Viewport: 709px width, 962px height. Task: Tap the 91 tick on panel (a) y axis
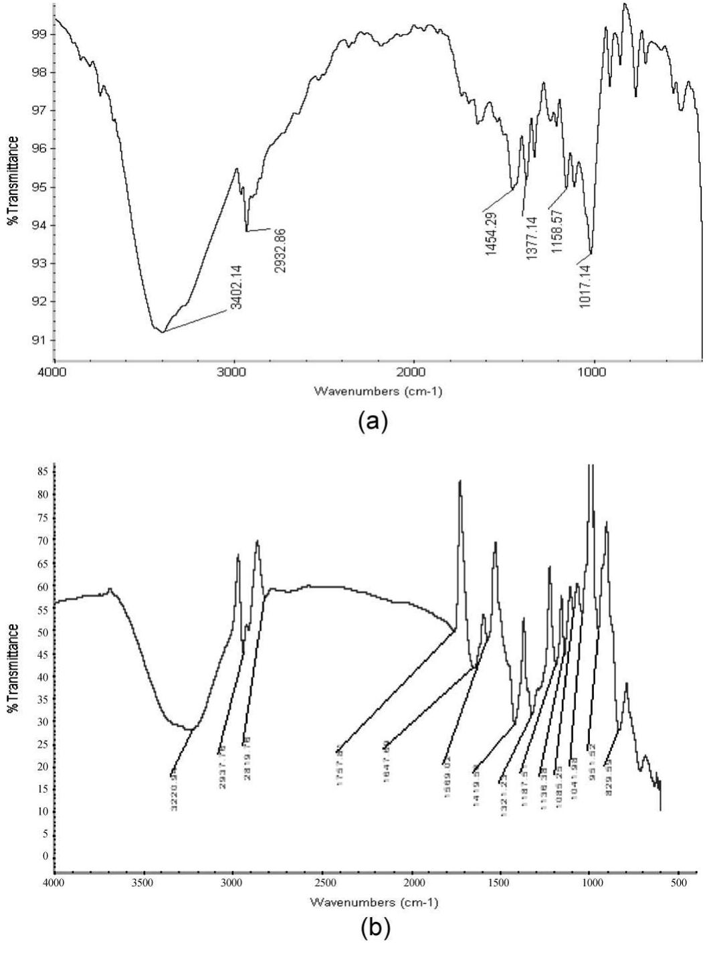tap(39, 339)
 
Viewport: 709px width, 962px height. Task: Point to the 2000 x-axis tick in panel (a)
tap(413, 373)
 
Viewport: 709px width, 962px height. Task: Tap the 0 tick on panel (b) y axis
tap(45, 856)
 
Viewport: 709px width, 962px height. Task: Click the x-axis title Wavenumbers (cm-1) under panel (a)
tap(375, 392)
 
